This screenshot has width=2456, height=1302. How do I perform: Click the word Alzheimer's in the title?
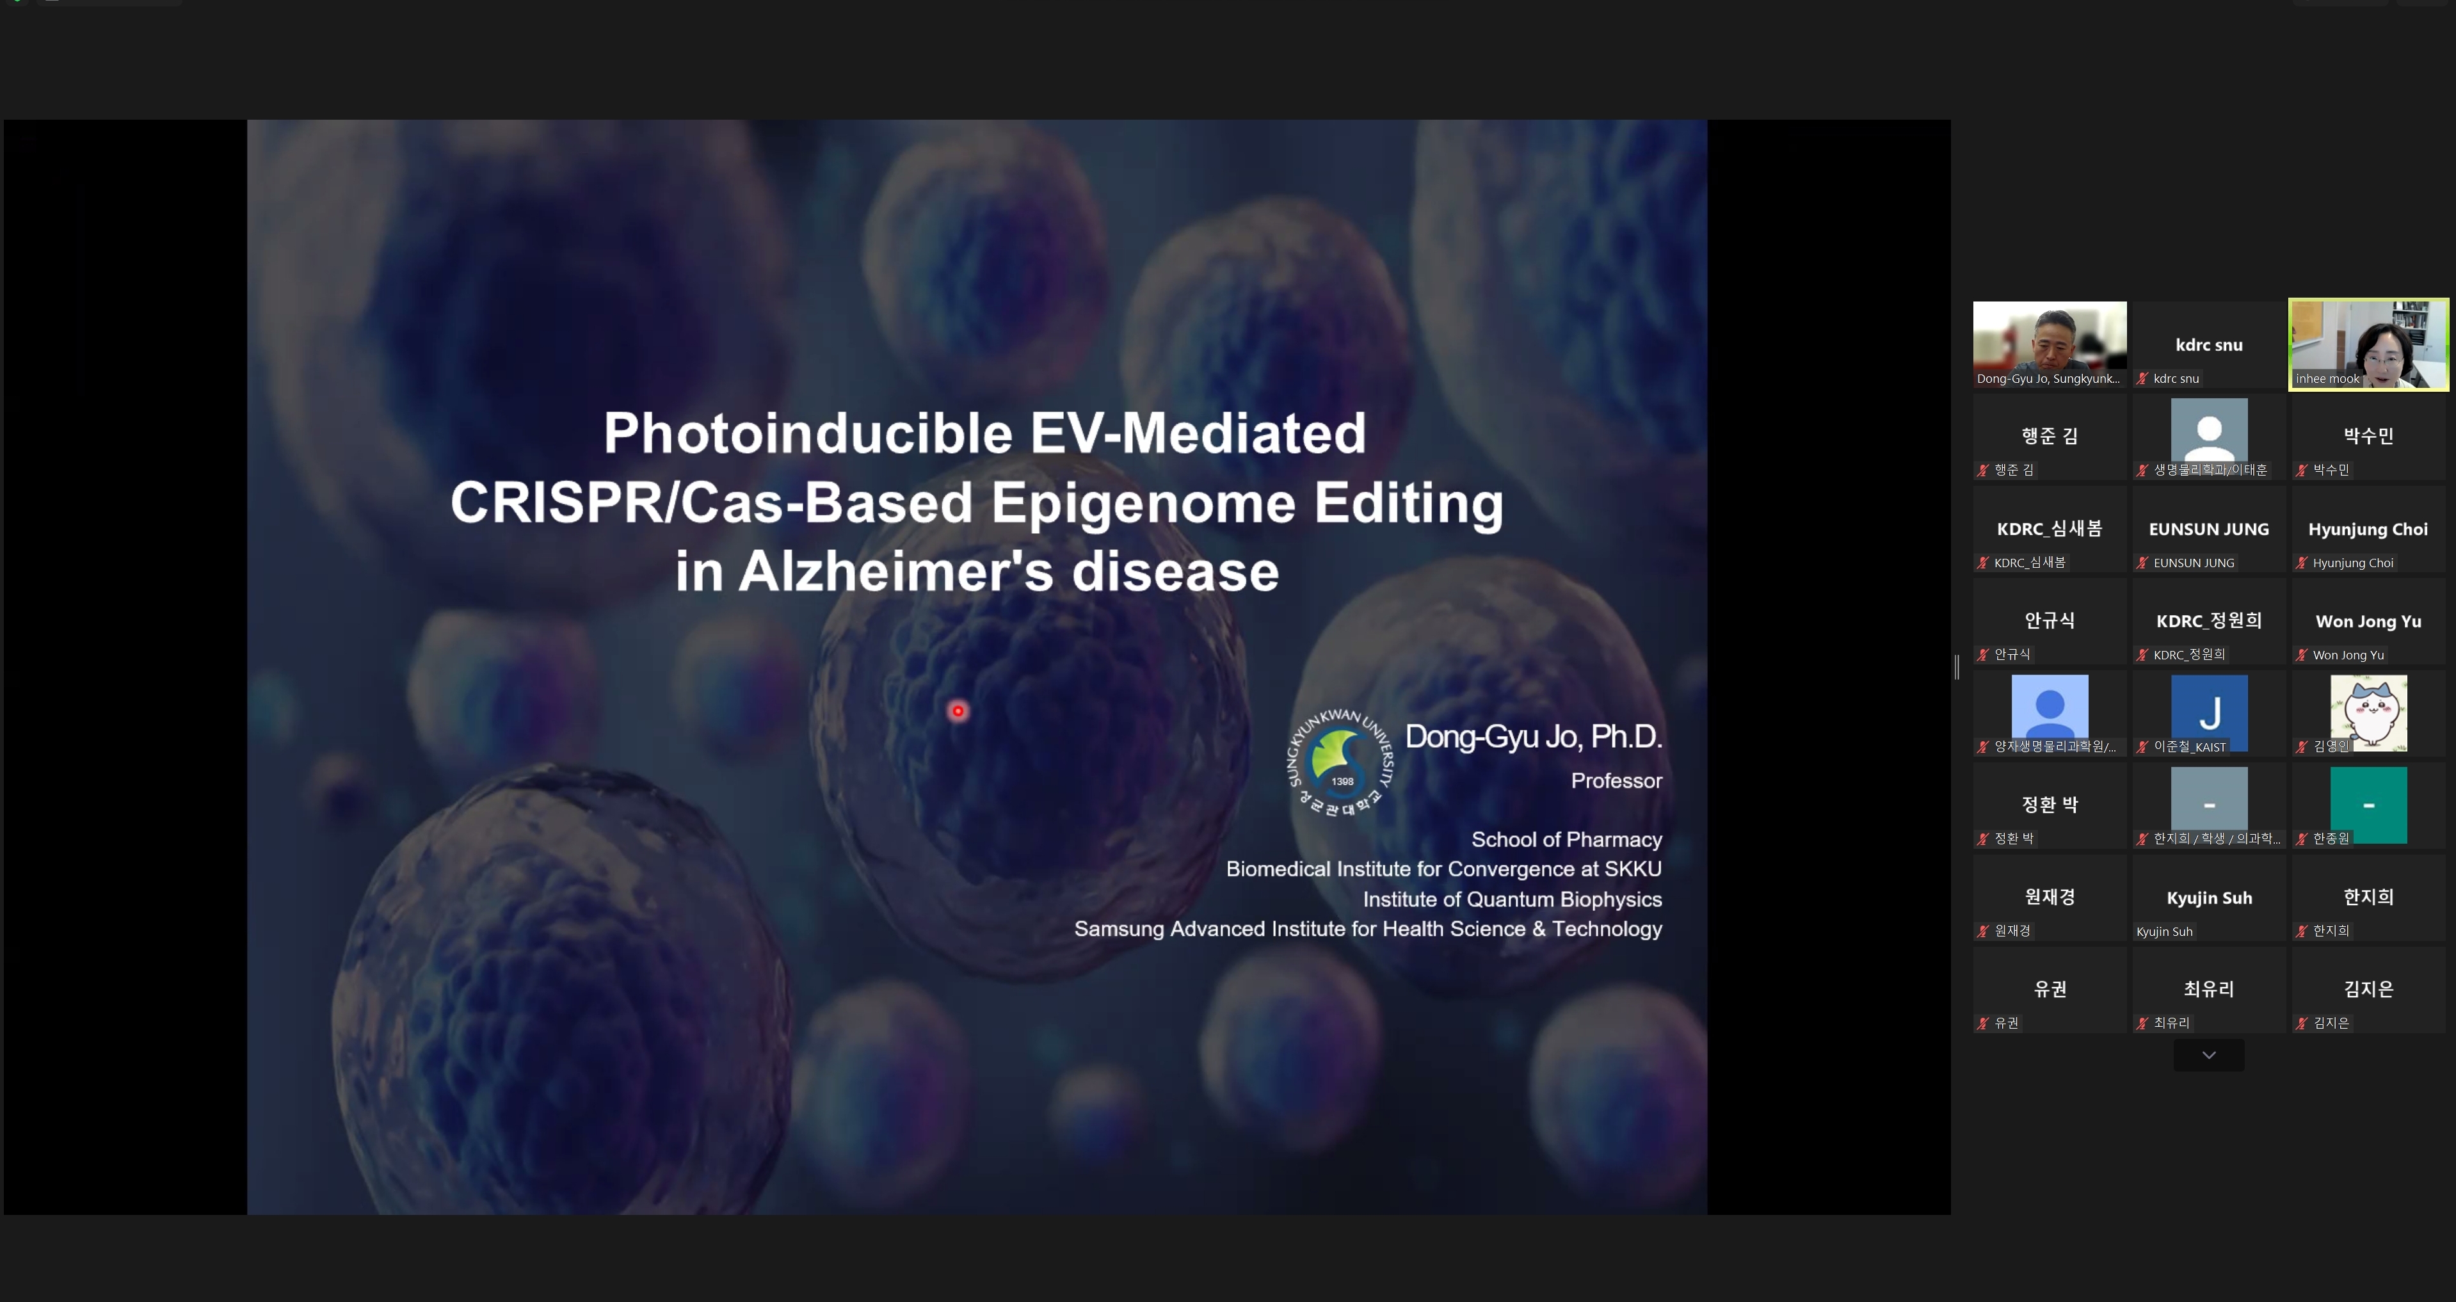pyautogui.click(x=896, y=571)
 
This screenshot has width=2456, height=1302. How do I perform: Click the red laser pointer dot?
pyautogui.click(x=958, y=711)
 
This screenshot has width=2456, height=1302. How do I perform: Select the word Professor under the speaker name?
pyautogui.click(x=1616, y=781)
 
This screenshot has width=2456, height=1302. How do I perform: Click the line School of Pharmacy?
pyautogui.click(x=1566, y=840)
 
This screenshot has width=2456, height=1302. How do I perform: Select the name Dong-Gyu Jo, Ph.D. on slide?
pyautogui.click(x=1533, y=736)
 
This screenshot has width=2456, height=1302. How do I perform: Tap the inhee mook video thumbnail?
pyautogui.click(x=2368, y=344)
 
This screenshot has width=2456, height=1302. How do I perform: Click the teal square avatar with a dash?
pyautogui.click(x=2368, y=805)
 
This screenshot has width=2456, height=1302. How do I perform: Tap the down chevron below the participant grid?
pyautogui.click(x=2209, y=1055)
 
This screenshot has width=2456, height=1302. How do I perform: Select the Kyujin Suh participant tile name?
pyautogui.click(x=2209, y=898)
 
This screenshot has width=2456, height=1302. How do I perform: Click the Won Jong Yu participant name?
pyautogui.click(x=2368, y=622)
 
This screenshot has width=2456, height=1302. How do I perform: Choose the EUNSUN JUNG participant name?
pyautogui.click(x=2209, y=529)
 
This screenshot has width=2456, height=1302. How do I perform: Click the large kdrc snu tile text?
pyautogui.click(x=2209, y=345)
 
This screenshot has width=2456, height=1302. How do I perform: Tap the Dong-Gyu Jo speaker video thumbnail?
pyautogui.click(x=2050, y=344)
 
